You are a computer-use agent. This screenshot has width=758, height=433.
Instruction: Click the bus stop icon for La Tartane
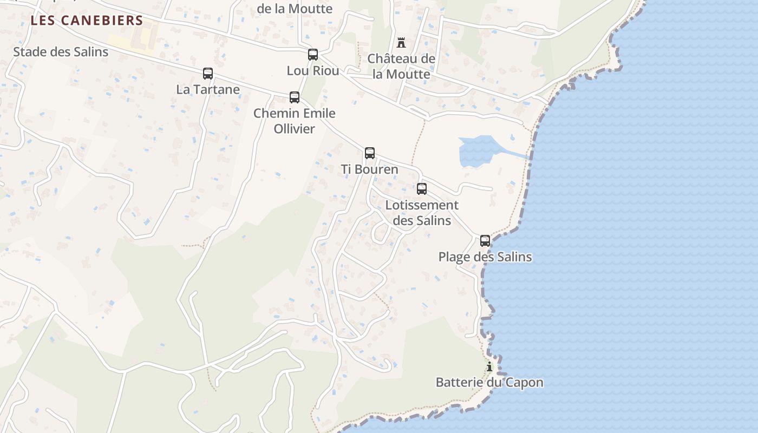click(x=208, y=74)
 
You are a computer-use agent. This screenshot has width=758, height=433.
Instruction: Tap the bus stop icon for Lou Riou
click(x=313, y=54)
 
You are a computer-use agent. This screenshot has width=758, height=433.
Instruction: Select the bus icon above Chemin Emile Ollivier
click(x=295, y=97)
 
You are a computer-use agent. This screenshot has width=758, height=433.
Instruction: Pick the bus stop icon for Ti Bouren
click(x=370, y=153)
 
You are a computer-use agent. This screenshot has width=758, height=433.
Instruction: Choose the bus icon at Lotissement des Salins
click(x=422, y=189)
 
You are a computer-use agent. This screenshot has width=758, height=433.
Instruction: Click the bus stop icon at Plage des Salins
click(x=485, y=241)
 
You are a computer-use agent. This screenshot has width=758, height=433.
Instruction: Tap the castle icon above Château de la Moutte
click(x=401, y=42)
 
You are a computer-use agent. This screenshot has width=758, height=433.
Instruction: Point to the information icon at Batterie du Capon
click(x=489, y=366)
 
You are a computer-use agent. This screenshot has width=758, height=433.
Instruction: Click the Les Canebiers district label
click(x=87, y=21)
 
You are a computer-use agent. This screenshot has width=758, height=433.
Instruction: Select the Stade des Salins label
click(x=61, y=52)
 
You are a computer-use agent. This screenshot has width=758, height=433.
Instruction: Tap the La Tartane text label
click(x=208, y=89)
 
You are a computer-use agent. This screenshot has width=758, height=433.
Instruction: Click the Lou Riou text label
click(x=313, y=70)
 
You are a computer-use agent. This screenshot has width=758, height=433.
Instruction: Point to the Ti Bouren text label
click(x=370, y=169)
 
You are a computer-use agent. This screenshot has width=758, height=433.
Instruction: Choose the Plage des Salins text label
click(x=485, y=257)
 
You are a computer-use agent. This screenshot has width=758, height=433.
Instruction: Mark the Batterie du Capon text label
click(x=489, y=383)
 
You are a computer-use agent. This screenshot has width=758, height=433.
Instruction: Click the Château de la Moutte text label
click(x=401, y=66)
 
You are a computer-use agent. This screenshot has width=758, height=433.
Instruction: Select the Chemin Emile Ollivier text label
click(x=295, y=121)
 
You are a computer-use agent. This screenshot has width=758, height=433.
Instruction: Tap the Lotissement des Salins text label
click(x=422, y=213)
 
